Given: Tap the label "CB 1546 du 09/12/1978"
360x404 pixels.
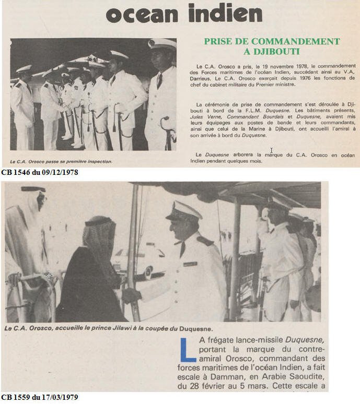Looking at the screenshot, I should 40,172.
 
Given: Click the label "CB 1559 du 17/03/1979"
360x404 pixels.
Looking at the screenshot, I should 40,398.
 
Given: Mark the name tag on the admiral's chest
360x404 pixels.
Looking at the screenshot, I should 190,264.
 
